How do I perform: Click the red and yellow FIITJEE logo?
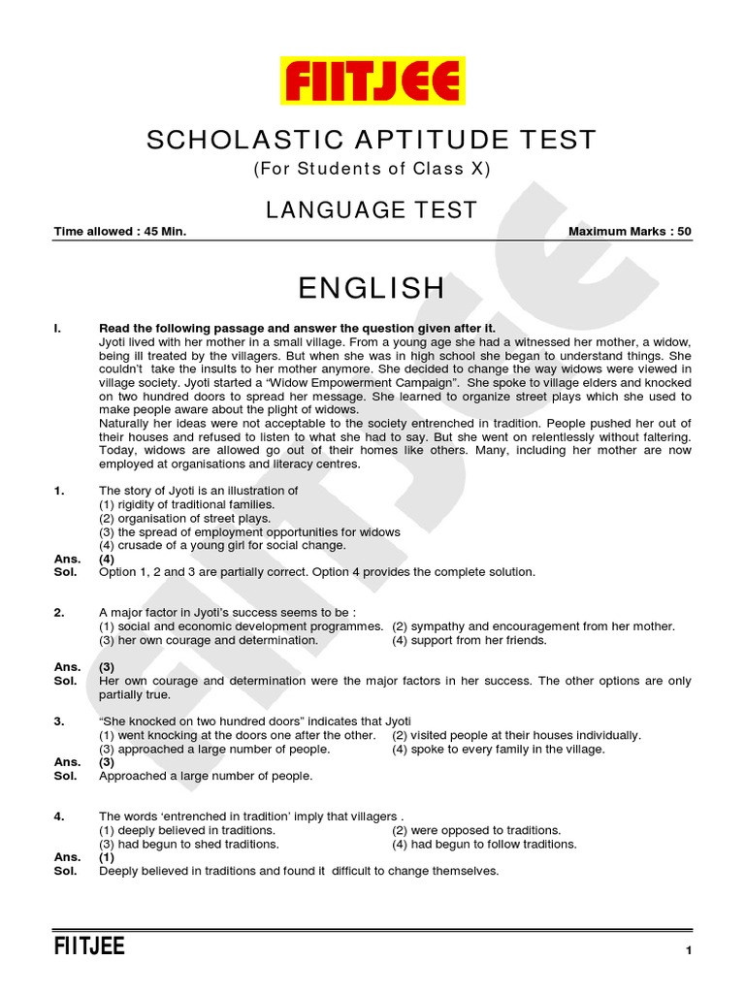372,80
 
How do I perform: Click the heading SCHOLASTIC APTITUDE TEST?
372,141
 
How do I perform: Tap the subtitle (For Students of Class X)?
372,170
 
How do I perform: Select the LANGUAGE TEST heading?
372,209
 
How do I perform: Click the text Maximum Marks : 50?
630,232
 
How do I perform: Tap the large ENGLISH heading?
372,288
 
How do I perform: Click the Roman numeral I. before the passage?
58,329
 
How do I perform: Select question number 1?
59,491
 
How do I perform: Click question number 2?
59,613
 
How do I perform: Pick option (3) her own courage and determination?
209,640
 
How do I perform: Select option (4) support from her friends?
470,640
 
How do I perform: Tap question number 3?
59,721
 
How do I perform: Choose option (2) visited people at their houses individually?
516,735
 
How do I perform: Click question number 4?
59,817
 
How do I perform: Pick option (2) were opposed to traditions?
476,830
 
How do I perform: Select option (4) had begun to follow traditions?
484,844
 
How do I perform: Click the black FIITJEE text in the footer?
89,946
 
